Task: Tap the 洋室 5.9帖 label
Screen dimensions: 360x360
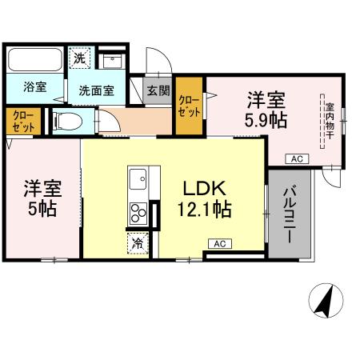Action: point(266,110)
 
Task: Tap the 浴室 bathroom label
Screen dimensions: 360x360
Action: point(33,86)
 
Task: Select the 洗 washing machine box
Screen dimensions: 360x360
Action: point(80,58)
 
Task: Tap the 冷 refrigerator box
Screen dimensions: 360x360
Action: point(138,242)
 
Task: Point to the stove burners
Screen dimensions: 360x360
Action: point(138,213)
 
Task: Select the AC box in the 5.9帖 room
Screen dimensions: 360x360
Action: point(296,158)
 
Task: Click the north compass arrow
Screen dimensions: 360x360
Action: point(325,302)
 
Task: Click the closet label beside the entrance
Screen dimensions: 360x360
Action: point(189,106)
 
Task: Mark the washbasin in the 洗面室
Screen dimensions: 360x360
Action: point(114,59)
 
